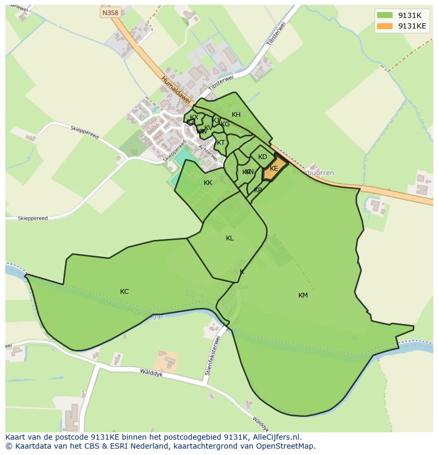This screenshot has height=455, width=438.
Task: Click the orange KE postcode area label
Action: point(274,169)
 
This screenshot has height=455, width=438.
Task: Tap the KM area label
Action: point(303,295)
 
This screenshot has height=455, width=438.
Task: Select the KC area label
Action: point(124,292)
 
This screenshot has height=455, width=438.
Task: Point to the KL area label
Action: point(230,238)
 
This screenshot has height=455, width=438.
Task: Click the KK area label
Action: point(208,183)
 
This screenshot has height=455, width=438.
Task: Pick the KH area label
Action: point(236,115)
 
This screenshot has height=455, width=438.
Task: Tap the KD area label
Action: point(262,157)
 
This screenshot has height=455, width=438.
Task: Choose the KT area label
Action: point(221,143)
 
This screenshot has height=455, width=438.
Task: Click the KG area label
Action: point(225,124)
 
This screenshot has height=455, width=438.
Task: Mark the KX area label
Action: point(194,117)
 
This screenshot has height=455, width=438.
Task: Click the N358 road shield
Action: point(110,12)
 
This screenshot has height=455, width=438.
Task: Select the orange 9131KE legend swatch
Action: point(385,26)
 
